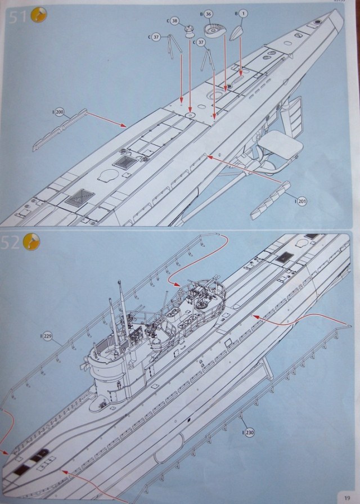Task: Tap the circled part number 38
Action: click(175, 21)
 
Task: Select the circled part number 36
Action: click(208, 13)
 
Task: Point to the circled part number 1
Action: click(243, 12)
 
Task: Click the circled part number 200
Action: click(60, 112)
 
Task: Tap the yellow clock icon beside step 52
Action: click(33, 243)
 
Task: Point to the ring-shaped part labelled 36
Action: click(214, 29)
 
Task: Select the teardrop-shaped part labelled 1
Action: click(236, 33)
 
